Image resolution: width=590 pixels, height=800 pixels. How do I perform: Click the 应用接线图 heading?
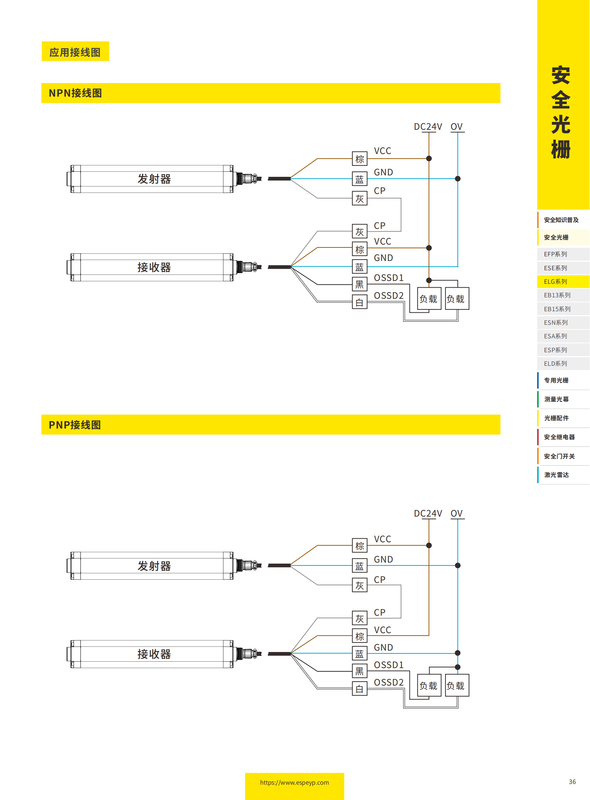coord(75,52)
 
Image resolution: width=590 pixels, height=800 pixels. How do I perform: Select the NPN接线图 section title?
coord(75,93)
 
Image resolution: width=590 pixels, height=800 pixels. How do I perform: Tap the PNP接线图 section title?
coord(75,425)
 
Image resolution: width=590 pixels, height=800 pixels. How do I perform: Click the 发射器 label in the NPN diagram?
coord(154,179)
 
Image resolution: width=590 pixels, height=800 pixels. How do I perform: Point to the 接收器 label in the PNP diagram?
coord(154,654)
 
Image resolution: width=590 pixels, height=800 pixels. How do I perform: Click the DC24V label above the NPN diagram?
coord(427,127)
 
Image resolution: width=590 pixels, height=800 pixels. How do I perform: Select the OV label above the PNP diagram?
coord(456,513)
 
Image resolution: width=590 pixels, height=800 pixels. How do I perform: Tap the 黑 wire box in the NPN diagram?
coord(359,284)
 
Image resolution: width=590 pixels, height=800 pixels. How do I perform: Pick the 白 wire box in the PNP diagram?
coord(359,689)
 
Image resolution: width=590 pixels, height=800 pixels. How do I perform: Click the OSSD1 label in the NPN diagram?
coord(388,278)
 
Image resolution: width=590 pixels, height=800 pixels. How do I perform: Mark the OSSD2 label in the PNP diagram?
coord(388,682)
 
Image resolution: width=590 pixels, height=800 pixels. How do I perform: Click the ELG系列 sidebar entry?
coord(555,282)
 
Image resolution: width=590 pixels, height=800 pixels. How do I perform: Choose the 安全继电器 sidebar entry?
coord(559,437)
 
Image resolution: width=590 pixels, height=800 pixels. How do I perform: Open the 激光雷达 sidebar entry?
coord(556,475)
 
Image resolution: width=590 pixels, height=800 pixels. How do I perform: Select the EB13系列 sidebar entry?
coord(557,295)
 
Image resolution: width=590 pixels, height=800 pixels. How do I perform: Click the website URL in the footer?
coord(294,783)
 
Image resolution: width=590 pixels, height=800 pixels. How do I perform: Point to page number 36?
coord(572,782)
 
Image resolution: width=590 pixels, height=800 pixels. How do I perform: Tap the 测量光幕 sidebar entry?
coord(556,399)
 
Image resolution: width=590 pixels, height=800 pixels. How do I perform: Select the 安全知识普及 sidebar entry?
coord(561,220)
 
